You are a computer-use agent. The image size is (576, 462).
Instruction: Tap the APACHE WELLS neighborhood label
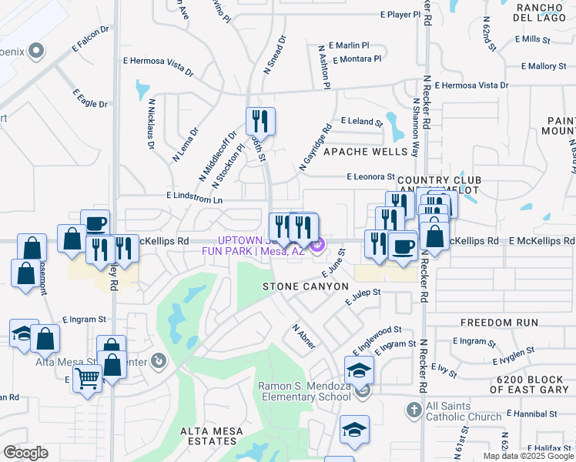(x=364, y=152)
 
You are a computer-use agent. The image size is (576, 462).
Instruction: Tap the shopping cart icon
(x=88, y=379)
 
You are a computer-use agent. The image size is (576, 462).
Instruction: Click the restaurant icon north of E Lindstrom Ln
(x=260, y=121)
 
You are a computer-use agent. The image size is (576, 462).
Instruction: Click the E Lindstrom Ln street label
(x=194, y=198)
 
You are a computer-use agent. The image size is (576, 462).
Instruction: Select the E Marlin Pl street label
(x=349, y=45)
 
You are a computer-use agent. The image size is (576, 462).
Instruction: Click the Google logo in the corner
(x=25, y=452)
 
